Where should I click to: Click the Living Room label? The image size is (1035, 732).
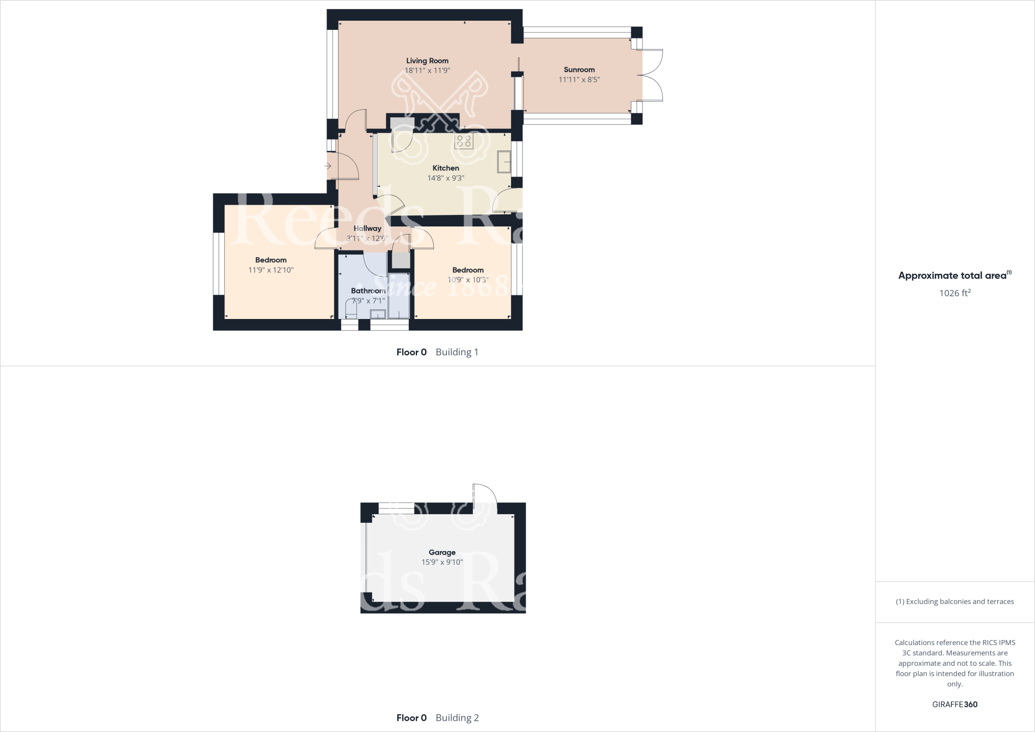[427, 61]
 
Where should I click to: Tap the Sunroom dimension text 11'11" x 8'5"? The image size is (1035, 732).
[579, 79]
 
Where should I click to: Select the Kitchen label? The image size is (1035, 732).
[446, 168]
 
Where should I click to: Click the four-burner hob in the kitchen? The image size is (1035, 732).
[464, 141]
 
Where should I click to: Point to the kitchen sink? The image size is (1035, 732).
[504, 162]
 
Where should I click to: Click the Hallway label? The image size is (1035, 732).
[367, 228]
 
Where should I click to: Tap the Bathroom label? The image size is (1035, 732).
[368, 291]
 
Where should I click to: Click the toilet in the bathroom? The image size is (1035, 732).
[350, 309]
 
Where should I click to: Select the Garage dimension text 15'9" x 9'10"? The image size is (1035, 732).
[442, 562]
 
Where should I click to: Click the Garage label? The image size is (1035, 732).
[442, 553]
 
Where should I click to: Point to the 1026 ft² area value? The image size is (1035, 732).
[955, 293]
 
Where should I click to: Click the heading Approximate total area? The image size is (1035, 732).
[952, 276]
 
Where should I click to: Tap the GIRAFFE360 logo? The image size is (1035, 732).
[955, 704]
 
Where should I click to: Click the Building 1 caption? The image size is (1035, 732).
[457, 352]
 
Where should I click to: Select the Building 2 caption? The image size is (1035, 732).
[457, 717]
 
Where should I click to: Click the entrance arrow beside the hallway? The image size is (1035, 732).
[327, 166]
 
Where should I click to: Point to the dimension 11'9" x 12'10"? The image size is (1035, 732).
[271, 270]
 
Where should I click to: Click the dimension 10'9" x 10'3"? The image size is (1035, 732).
[468, 280]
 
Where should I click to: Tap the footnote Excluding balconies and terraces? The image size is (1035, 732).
[955, 602]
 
